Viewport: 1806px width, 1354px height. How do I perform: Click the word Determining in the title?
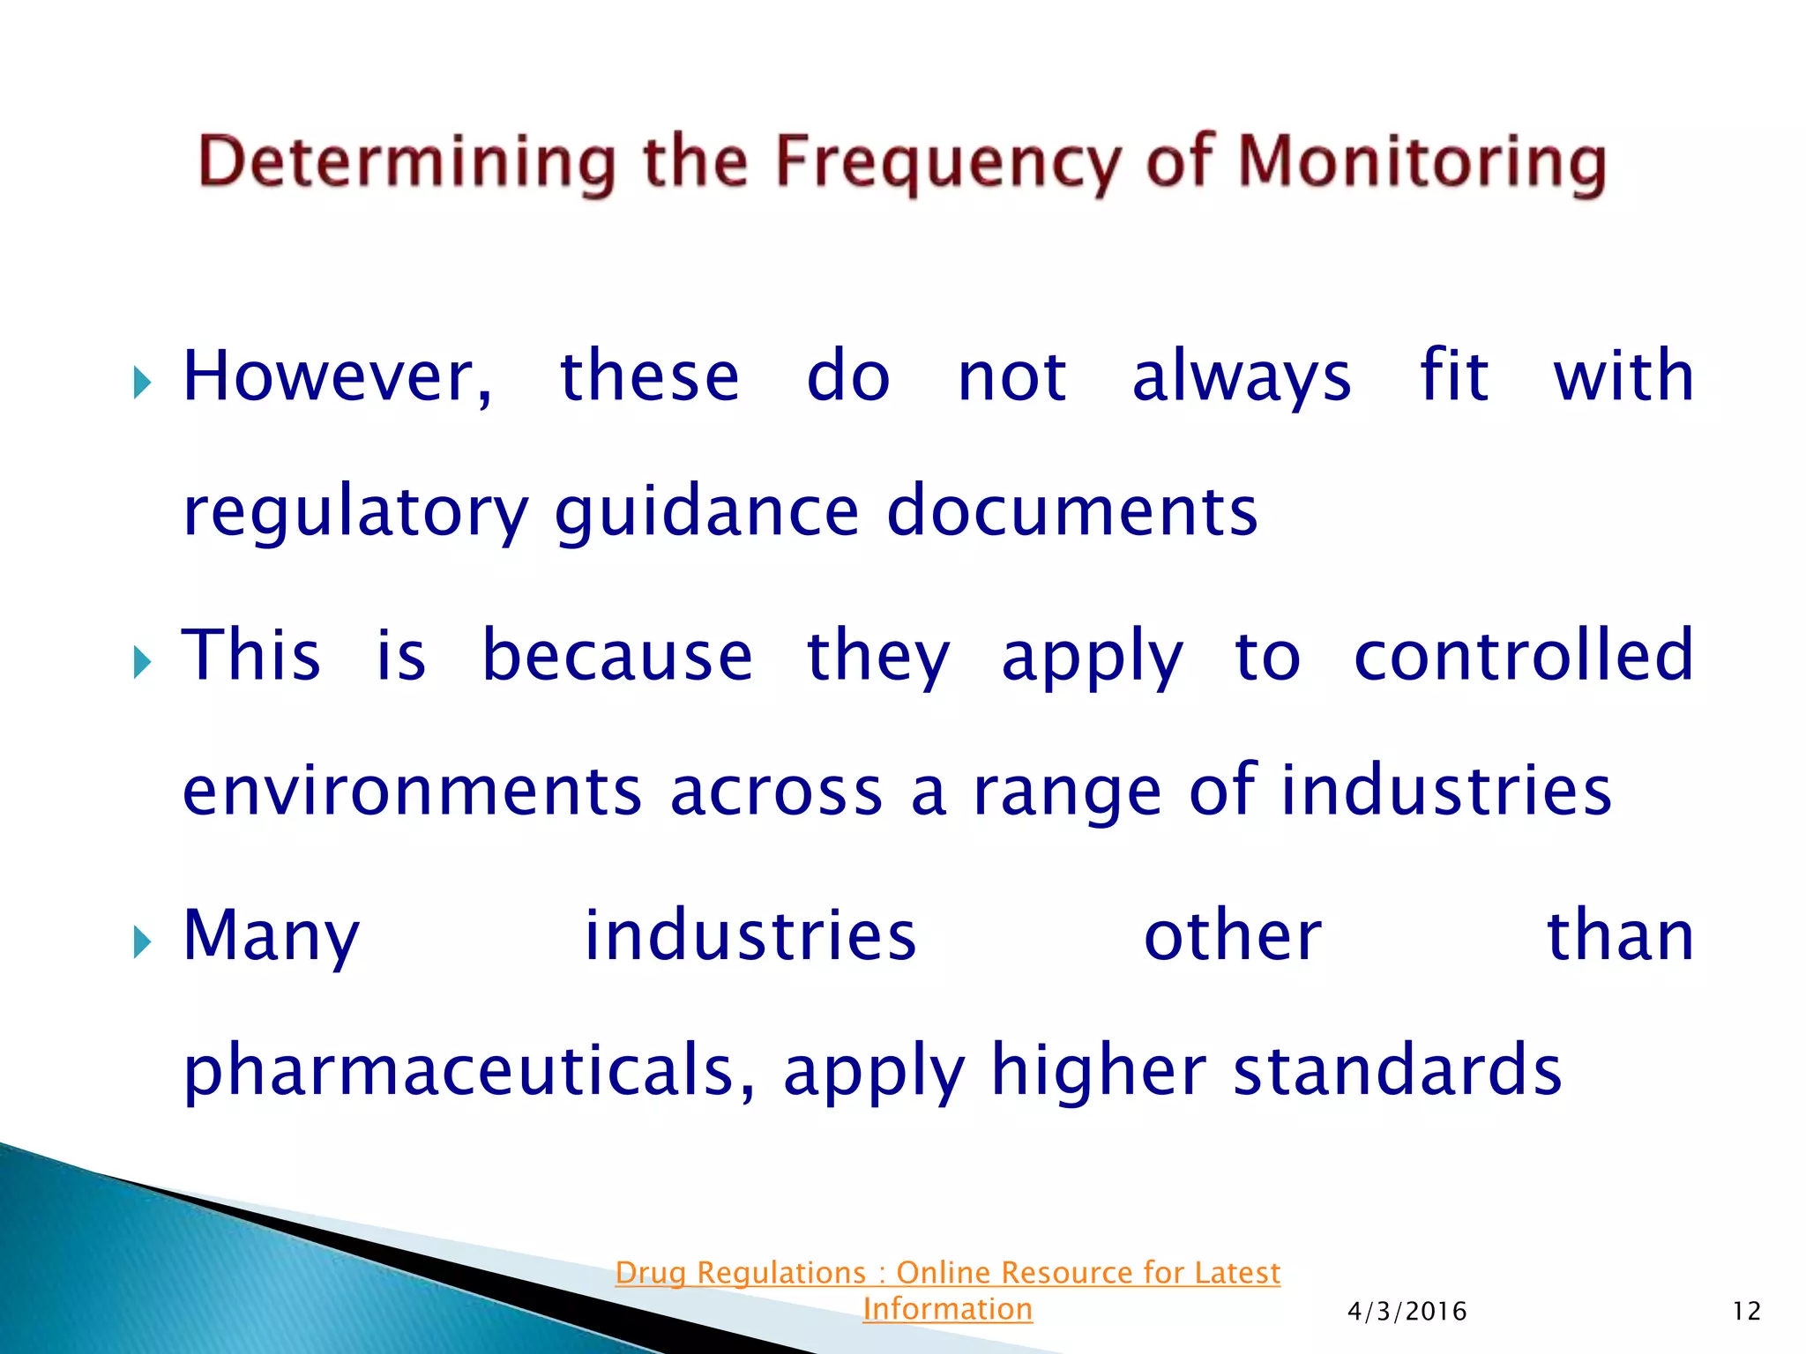(407, 164)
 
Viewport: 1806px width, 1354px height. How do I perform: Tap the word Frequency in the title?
(948, 164)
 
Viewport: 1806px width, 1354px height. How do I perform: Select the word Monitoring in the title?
(1422, 164)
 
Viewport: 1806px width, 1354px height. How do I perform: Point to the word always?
(1241, 376)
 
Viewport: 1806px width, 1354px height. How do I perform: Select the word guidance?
(706, 512)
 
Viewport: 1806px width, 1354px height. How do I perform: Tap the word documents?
(1071, 512)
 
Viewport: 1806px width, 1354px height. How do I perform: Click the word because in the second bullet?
(617, 656)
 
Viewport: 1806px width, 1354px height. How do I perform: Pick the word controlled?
(1523, 656)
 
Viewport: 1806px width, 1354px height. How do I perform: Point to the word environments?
(412, 791)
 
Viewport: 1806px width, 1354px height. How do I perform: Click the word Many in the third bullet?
(272, 936)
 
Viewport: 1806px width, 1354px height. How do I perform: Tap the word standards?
(1397, 1070)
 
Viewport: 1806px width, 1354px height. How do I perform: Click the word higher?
(1098, 1070)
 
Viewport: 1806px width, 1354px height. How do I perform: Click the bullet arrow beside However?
(142, 383)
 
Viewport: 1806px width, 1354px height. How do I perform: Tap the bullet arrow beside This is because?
(142, 662)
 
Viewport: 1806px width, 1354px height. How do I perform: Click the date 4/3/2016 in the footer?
(1407, 1312)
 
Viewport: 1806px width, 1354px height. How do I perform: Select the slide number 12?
(1746, 1312)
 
